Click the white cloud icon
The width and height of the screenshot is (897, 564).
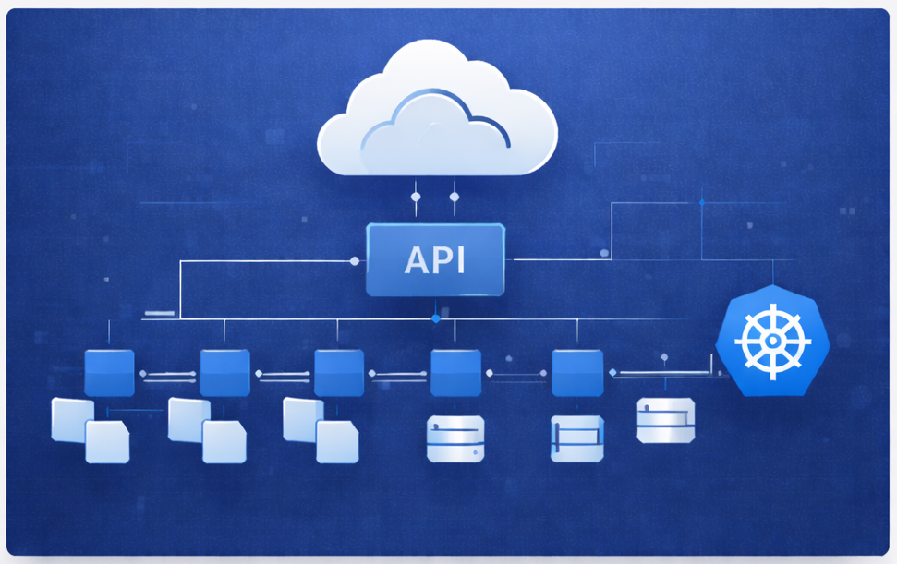tap(437, 115)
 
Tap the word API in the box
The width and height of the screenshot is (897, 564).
tap(435, 260)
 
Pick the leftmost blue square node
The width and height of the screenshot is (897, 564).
tap(109, 373)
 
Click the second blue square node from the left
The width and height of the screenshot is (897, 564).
tap(224, 373)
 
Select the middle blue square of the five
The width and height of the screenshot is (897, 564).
tap(339, 373)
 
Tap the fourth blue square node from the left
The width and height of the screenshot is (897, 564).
tap(455, 373)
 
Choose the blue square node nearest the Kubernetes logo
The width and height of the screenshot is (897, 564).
tap(577, 373)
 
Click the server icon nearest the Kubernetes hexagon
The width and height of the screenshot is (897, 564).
tap(665, 421)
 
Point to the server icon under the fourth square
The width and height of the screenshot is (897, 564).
tap(455, 438)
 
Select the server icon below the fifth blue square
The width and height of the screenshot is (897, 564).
tap(577, 438)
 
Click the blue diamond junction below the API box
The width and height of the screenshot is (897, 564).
tap(435, 318)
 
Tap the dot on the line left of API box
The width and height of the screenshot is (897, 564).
tap(355, 261)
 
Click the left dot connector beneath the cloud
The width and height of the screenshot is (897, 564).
tap(416, 197)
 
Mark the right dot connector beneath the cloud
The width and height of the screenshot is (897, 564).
tap(454, 197)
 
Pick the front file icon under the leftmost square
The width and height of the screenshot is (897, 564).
tap(107, 441)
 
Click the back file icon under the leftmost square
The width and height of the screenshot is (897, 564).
tap(72, 419)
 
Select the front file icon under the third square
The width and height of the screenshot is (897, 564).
tap(336, 441)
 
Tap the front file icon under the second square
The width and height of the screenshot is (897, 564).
tap(224, 441)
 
